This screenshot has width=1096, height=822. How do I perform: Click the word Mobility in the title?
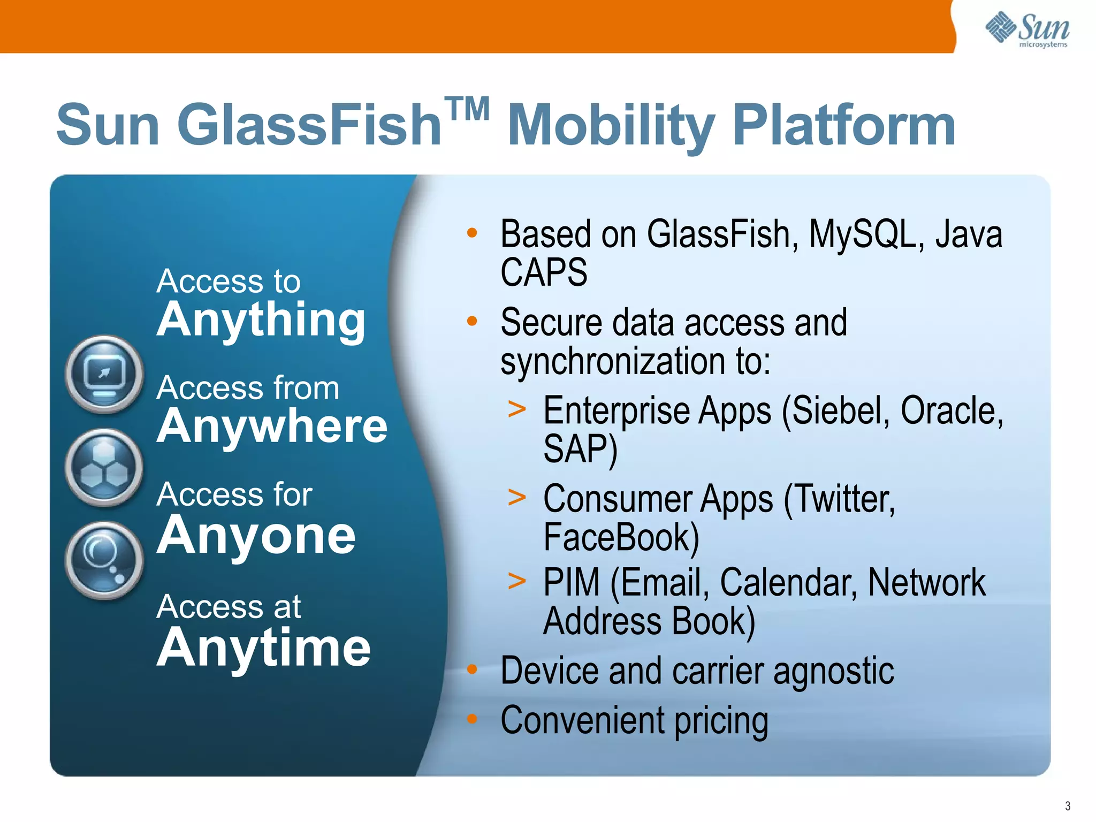point(610,126)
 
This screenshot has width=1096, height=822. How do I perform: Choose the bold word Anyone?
point(256,535)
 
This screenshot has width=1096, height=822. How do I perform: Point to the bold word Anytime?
point(264,648)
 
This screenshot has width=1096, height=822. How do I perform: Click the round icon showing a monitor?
point(104,374)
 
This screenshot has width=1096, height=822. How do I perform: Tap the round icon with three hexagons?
point(104,467)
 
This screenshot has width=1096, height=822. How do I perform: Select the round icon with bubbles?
point(104,560)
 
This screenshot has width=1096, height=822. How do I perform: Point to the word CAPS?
point(544,272)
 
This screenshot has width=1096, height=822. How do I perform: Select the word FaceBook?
point(621,537)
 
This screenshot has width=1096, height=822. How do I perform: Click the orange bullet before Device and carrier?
point(471,669)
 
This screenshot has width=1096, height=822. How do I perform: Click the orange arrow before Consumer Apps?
point(517,497)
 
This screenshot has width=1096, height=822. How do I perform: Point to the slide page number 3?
point(1068,806)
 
